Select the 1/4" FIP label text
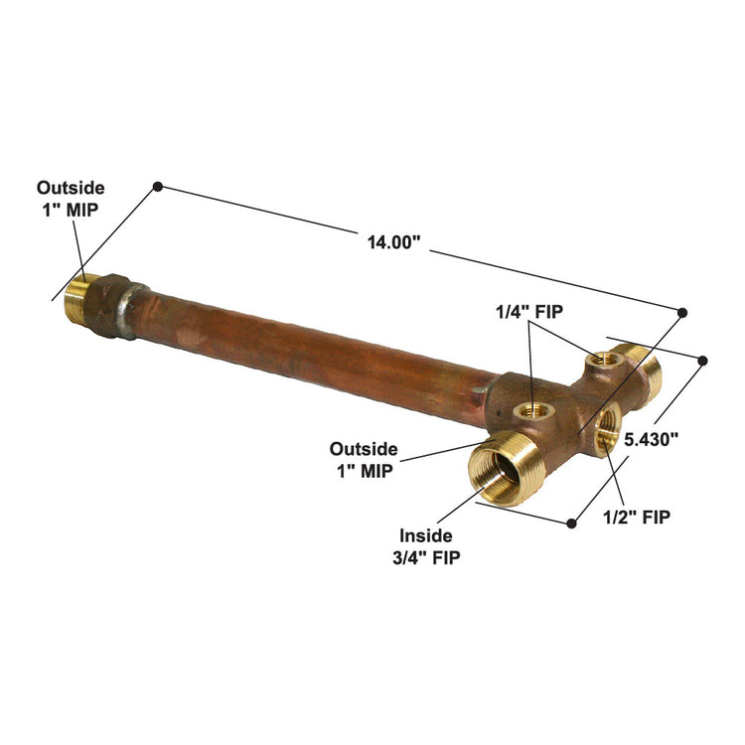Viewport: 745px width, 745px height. [x=529, y=311]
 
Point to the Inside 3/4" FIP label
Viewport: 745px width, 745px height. [x=429, y=545]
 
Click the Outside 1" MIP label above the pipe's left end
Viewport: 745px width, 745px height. [x=71, y=199]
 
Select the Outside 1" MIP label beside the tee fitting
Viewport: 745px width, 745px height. [x=364, y=460]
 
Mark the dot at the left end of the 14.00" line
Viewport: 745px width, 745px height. [x=157, y=186]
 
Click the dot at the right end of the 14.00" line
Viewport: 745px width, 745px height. [x=683, y=313]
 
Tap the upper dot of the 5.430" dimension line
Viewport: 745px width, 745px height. [x=703, y=360]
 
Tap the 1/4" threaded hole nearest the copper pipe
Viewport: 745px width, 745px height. [x=527, y=408]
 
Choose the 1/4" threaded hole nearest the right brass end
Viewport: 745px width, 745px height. [x=601, y=359]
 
